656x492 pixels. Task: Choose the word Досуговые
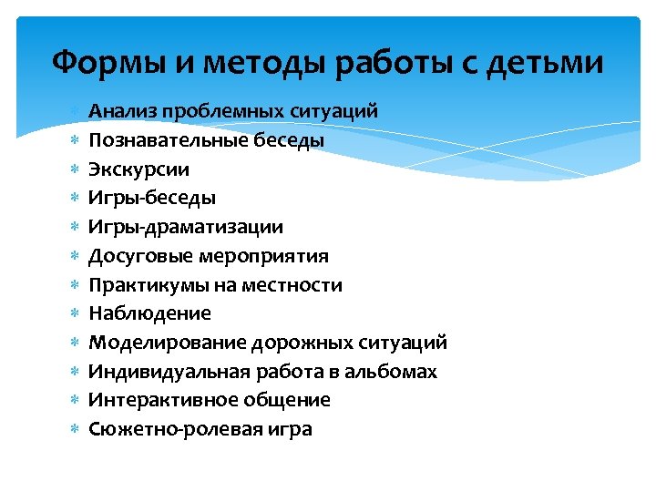[x=138, y=256]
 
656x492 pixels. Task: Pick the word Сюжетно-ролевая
[x=169, y=429]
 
